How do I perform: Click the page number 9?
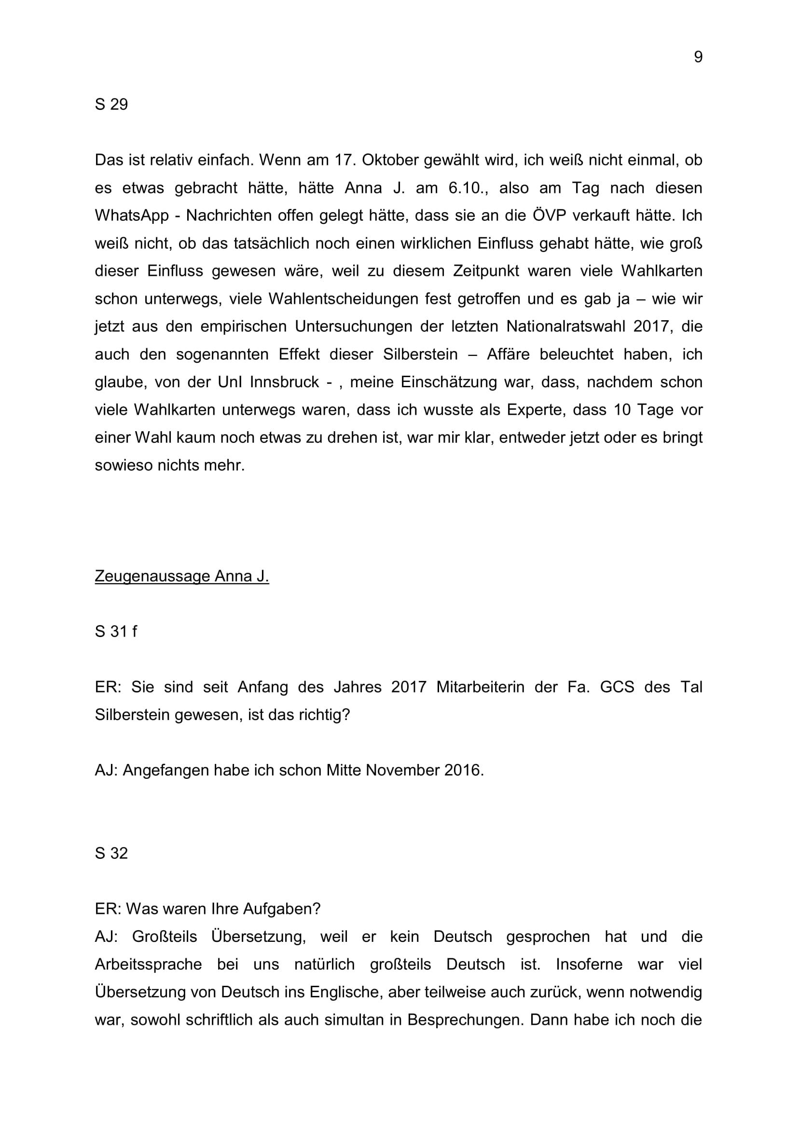[698, 57]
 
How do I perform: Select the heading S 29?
[111, 104]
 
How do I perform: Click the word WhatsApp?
[132, 216]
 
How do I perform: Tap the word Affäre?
[508, 354]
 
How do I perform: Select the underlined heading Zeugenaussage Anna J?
[182, 576]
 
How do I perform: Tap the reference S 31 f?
[116, 631]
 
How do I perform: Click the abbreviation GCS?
[617, 687]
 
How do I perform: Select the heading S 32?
[111, 854]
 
